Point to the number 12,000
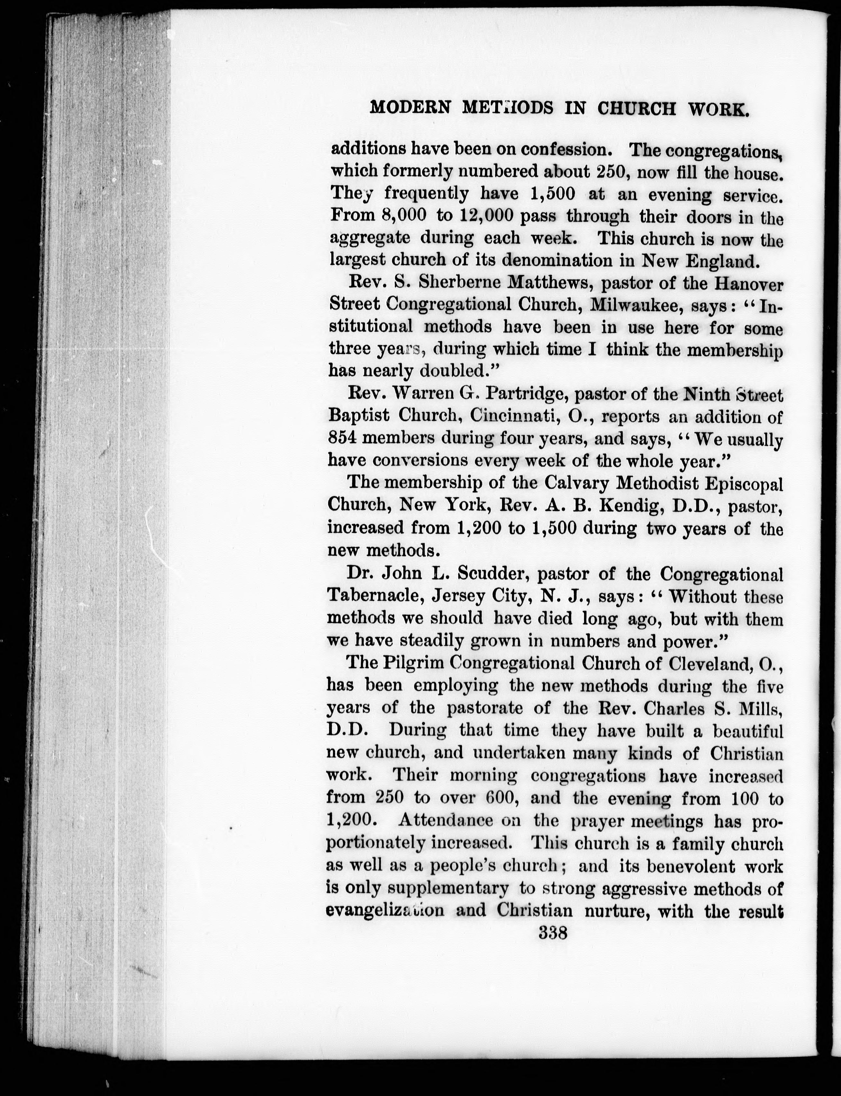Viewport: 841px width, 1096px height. [482, 216]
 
